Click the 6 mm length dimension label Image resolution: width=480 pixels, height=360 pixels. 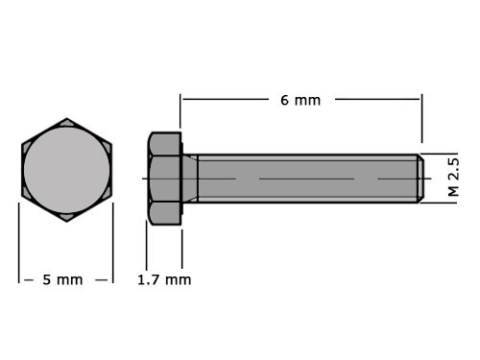tap(300, 100)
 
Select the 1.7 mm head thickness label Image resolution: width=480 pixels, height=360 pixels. tap(164, 280)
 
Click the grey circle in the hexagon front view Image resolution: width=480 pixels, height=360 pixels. tap(66, 170)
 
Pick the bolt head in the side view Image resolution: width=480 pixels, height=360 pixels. tap(164, 179)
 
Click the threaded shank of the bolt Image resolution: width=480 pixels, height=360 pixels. tap(307, 179)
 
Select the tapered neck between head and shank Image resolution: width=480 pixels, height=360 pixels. tap(189, 179)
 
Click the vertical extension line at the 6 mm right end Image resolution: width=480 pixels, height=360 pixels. tap(420, 120)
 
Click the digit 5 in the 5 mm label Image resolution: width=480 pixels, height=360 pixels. tap(47, 279)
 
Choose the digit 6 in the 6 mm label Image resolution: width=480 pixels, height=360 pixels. tap(285, 100)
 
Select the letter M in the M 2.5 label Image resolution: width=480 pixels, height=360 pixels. tap(453, 191)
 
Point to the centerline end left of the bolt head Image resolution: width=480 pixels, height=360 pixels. tap(144, 179)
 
